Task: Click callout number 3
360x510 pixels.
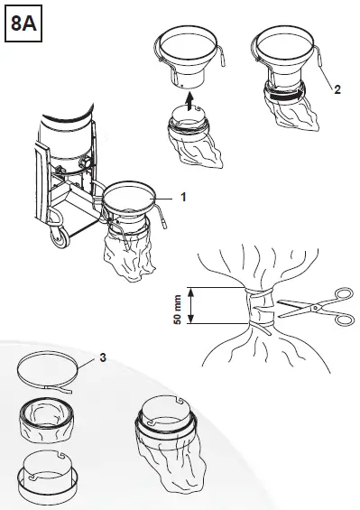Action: click(105, 358)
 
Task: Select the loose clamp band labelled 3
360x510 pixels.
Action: click(54, 371)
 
